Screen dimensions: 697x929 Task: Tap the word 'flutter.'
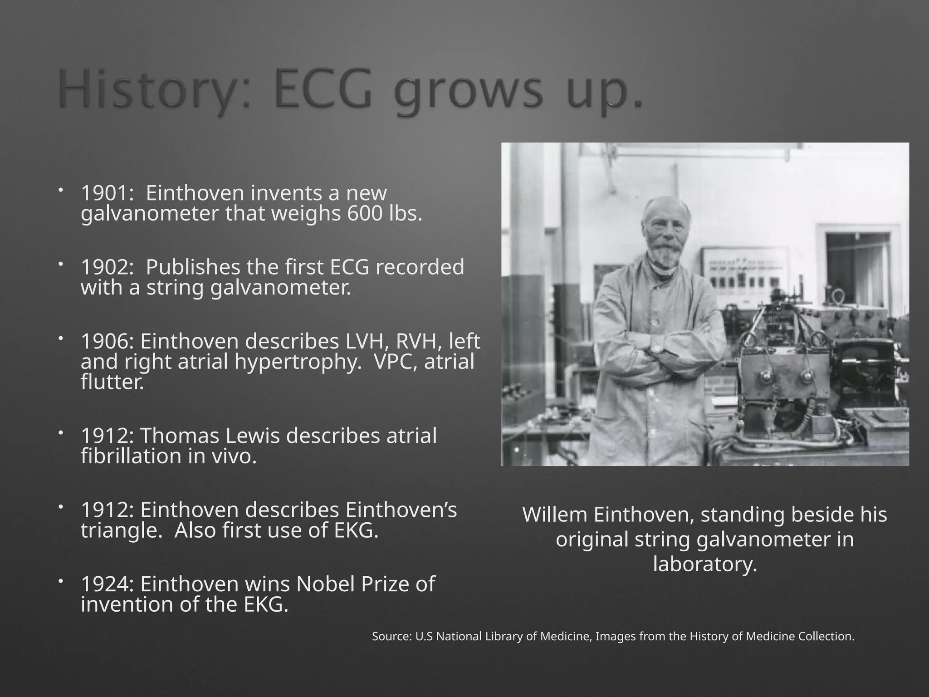pyautogui.click(x=112, y=382)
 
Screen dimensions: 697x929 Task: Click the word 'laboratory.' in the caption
pyautogui.click(x=705, y=564)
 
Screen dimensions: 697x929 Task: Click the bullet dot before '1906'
pyautogui.click(x=61, y=339)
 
